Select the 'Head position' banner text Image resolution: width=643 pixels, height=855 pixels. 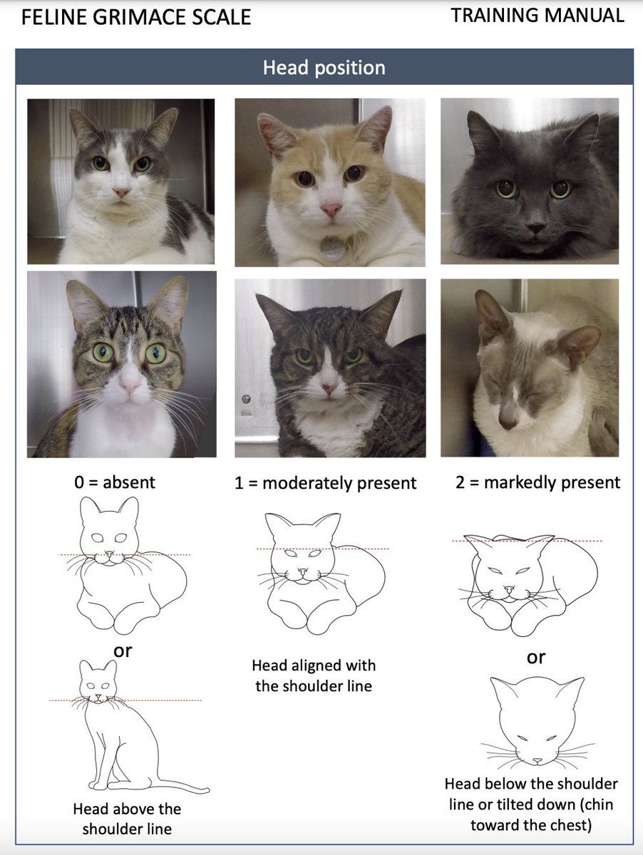[x=324, y=68]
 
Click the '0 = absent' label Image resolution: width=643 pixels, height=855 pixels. [x=115, y=482]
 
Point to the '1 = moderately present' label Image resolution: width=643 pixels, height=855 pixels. [x=325, y=483]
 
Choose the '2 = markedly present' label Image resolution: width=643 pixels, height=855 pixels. [x=537, y=482]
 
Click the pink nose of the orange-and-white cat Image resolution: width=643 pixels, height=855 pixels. [x=331, y=209]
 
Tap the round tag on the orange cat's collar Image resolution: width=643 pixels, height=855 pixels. [x=331, y=247]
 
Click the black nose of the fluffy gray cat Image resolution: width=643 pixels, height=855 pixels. [x=536, y=227]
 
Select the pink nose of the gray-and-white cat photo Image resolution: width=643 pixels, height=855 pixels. [x=121, y=192]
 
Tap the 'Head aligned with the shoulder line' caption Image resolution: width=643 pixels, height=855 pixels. [x=314, y=676]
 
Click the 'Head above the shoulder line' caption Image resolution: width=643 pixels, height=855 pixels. [x=127, y=819]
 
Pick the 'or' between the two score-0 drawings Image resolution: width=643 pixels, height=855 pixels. [x=123, y=651]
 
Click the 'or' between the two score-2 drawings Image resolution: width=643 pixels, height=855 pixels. [x=536, y=658]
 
